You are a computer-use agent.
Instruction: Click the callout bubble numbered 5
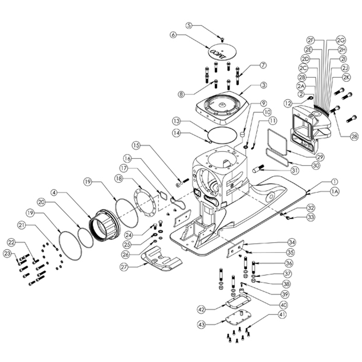click(x=189, y=25)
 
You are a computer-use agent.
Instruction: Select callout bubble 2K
click(x=346, y=77)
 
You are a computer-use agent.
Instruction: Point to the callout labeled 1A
click(x=335, y=191)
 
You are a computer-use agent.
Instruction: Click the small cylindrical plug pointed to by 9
click(x=242, y=134)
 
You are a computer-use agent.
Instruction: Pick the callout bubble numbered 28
click(x=354, y=137)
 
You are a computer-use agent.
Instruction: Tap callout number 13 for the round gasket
click(x=177, y=121)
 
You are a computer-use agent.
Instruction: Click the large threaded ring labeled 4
click(x=105, y=226)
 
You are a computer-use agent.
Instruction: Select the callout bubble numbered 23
click(x=7, y=254)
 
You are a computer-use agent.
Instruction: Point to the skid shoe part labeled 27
click(x=161, y=258)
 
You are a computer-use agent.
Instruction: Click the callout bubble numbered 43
click(x=202, y=325)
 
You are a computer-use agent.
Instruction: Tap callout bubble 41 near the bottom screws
click(x=282, y=315)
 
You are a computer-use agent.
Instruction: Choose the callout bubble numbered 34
click(x=291, y=243)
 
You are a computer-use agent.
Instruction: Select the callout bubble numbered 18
click(x=119, y=179)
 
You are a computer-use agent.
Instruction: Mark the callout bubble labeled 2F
click(x=311, y=40)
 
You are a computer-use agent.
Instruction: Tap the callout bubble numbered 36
click(x=289, y=263)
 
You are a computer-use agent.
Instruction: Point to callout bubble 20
click(x=41, y=202)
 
